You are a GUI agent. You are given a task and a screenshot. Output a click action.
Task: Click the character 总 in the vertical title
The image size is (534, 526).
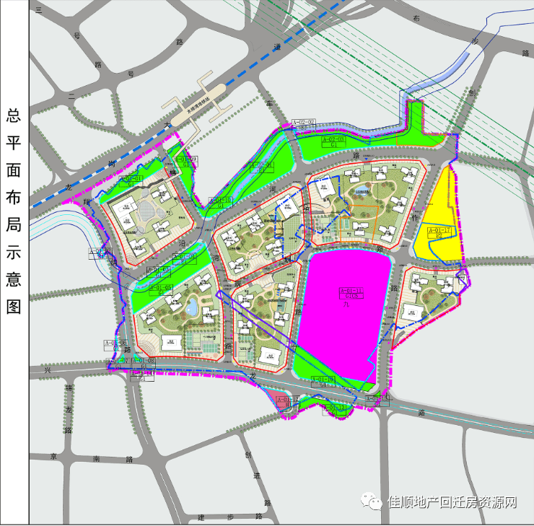click(x=14, y=115)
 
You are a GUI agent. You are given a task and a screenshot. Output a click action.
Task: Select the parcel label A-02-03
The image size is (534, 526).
click(x=333, y=138)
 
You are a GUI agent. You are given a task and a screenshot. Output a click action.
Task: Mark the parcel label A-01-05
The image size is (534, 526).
click(x=159, y=287)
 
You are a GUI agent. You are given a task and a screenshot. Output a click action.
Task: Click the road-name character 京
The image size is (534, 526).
click(x=53, y=457)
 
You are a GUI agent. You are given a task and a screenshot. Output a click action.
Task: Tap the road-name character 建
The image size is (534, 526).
click(x=201, y=517)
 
